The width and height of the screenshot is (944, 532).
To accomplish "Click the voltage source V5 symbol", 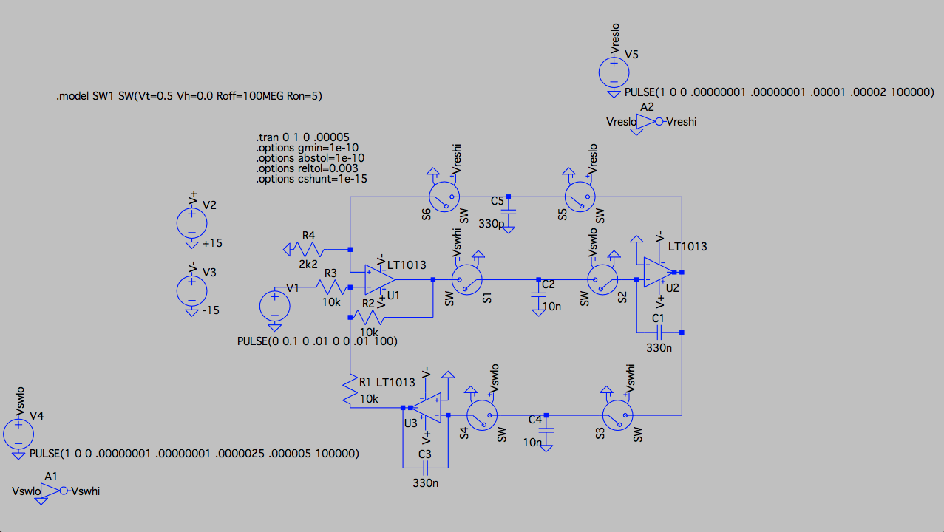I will point(614,72).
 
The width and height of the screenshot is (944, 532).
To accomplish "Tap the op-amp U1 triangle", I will point(379,279).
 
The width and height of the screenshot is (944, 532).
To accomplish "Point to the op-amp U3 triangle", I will point(428,407).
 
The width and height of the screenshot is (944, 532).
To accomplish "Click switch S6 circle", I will point(445,196).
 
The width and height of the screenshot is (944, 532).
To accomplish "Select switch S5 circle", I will point(580,196).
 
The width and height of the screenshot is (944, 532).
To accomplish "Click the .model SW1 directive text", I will point(189,97).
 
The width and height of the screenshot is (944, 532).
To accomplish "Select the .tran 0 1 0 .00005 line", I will point(303,137).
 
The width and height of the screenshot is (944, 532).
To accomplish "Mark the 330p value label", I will point(491,223).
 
